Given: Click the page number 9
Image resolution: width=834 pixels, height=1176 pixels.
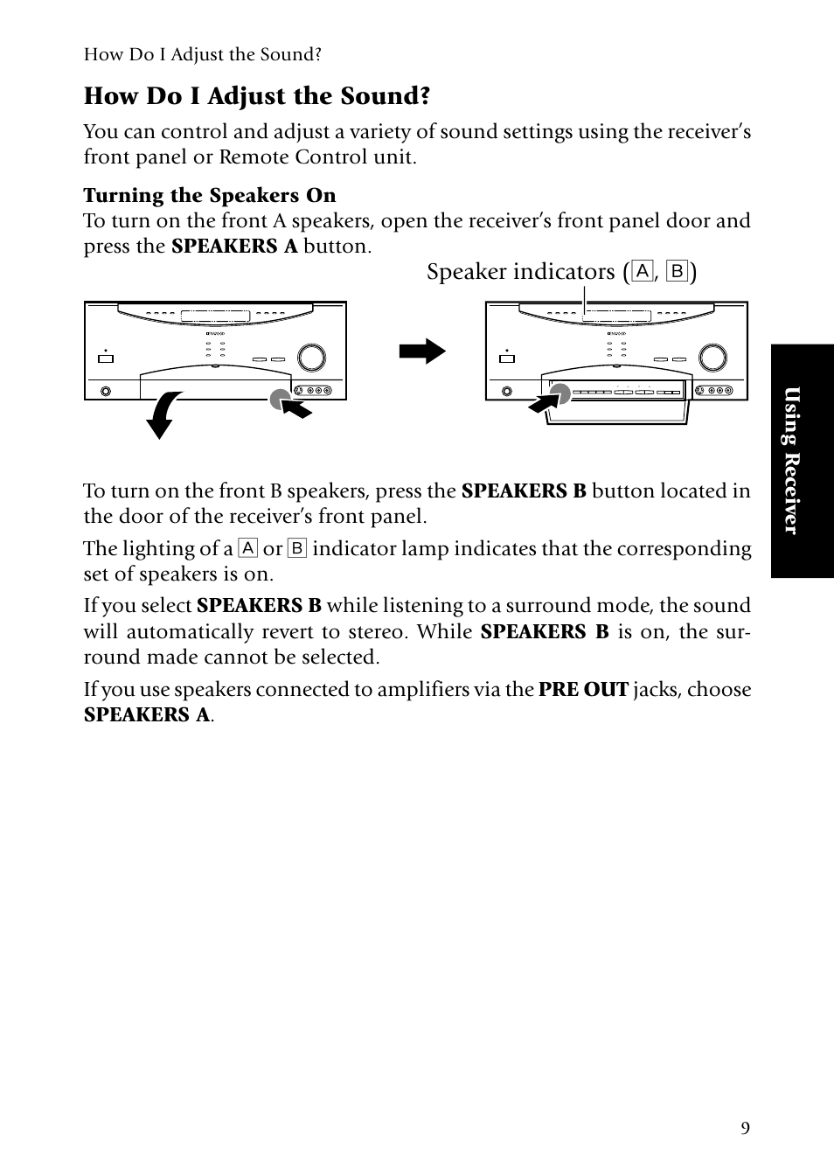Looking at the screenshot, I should coord(745,1128).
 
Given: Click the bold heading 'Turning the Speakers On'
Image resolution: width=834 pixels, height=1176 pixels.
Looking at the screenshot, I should coord(210,195).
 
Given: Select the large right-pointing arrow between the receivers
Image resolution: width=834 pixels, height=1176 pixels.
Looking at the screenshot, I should coord(422,352).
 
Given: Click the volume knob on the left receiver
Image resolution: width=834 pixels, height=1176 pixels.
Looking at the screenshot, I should coord(311,358).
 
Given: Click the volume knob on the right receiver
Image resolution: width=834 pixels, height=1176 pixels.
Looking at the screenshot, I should coord(712,358).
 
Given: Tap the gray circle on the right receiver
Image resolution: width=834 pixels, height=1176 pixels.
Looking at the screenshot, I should coord(559,394).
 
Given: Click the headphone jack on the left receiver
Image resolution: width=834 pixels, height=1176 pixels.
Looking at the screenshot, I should coord(107,392).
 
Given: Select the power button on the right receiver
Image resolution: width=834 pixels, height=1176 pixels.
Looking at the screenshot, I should coord(506,358).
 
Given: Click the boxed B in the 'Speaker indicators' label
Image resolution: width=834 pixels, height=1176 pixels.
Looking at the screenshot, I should coord(677,272).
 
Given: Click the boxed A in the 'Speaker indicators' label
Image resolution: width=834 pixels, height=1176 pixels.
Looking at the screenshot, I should coord(643,272).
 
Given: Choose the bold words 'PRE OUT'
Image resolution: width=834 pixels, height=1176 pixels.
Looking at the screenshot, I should coord(583,690).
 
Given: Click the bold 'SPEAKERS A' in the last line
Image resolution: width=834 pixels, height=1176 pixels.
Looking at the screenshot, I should coord(147,715).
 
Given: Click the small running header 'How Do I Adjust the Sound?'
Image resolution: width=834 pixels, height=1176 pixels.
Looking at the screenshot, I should coord(203,55).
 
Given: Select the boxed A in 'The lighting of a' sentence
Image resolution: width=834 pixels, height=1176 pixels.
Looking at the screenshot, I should coord(248,549).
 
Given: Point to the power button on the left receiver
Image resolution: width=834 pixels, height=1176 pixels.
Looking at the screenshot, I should coord(105,358).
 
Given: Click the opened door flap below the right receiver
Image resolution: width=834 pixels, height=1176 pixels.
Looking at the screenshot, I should coord(617,411).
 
